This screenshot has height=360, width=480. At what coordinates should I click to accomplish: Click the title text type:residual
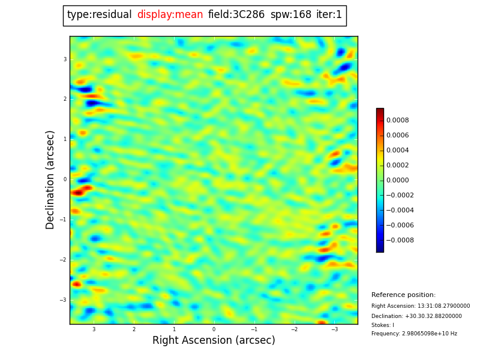(x=99, y=15)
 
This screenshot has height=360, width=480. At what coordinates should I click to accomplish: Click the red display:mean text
(x=170, y=15)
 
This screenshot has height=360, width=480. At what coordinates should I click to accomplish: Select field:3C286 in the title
(x=236, y=15)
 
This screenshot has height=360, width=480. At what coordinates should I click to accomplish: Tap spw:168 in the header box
(x=291, y=15)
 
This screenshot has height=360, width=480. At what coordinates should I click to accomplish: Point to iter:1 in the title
(x=329, y=15)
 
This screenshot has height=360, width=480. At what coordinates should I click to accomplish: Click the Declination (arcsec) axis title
(x=51, y=179)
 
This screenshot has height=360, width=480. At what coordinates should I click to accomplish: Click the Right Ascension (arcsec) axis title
(x=214, y=341)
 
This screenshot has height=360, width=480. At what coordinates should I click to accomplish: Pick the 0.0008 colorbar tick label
(x=397, y=120)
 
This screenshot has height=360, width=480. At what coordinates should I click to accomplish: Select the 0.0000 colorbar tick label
(x=397, y=180)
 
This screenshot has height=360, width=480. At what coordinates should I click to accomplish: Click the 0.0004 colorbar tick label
(x=397, y=150)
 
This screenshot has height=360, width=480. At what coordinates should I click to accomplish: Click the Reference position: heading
(x=403, y=295)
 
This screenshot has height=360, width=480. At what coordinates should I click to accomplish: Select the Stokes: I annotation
(x=383, y=325)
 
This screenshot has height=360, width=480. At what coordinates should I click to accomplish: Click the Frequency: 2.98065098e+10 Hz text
(x=414, y=334)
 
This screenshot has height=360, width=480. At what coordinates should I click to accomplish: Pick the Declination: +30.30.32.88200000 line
(x=416, y=316)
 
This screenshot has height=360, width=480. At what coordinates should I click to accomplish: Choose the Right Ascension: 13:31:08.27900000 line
(x=421, y=306)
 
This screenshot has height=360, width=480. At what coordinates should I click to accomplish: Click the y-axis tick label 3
(x=65, y=59)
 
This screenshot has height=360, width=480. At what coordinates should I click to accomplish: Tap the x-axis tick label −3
(x=334, y=329)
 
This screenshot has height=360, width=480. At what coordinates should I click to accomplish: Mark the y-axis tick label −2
(x=64, y=260)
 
